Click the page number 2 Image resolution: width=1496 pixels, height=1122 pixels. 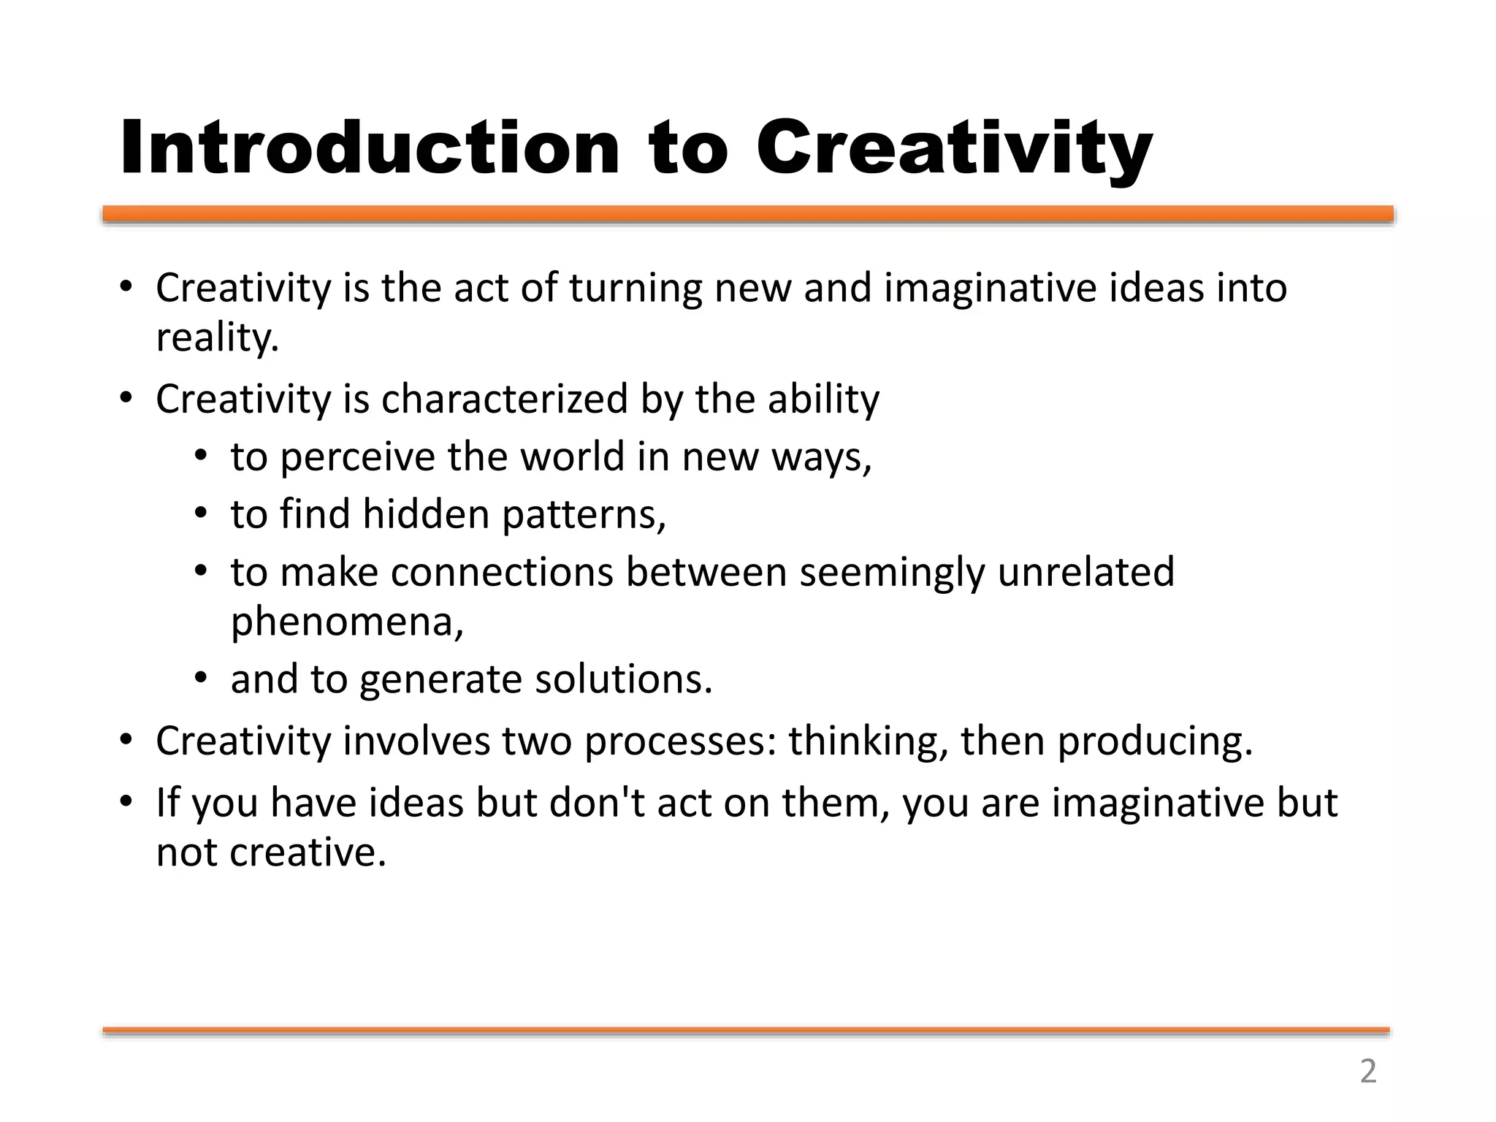click(1368, 1071)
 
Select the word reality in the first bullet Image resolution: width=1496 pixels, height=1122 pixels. click(216, 337)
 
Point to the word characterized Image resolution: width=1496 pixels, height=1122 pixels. click(504, 400)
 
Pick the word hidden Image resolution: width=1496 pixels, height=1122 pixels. click(426, 514)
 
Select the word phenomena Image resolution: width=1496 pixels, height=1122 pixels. click(346, 622)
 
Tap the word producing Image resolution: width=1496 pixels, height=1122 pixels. click(1155, 741)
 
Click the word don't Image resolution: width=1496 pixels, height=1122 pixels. click(597, 802)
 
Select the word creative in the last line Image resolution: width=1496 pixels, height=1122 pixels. click(307, 852)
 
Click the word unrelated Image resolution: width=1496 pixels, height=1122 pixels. click(1085, 571)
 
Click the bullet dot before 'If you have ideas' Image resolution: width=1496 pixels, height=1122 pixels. click(126, 802)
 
